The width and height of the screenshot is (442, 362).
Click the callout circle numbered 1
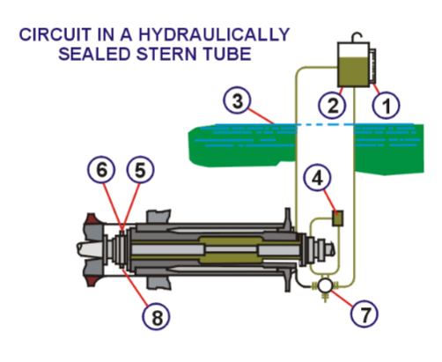pos(384,106)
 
